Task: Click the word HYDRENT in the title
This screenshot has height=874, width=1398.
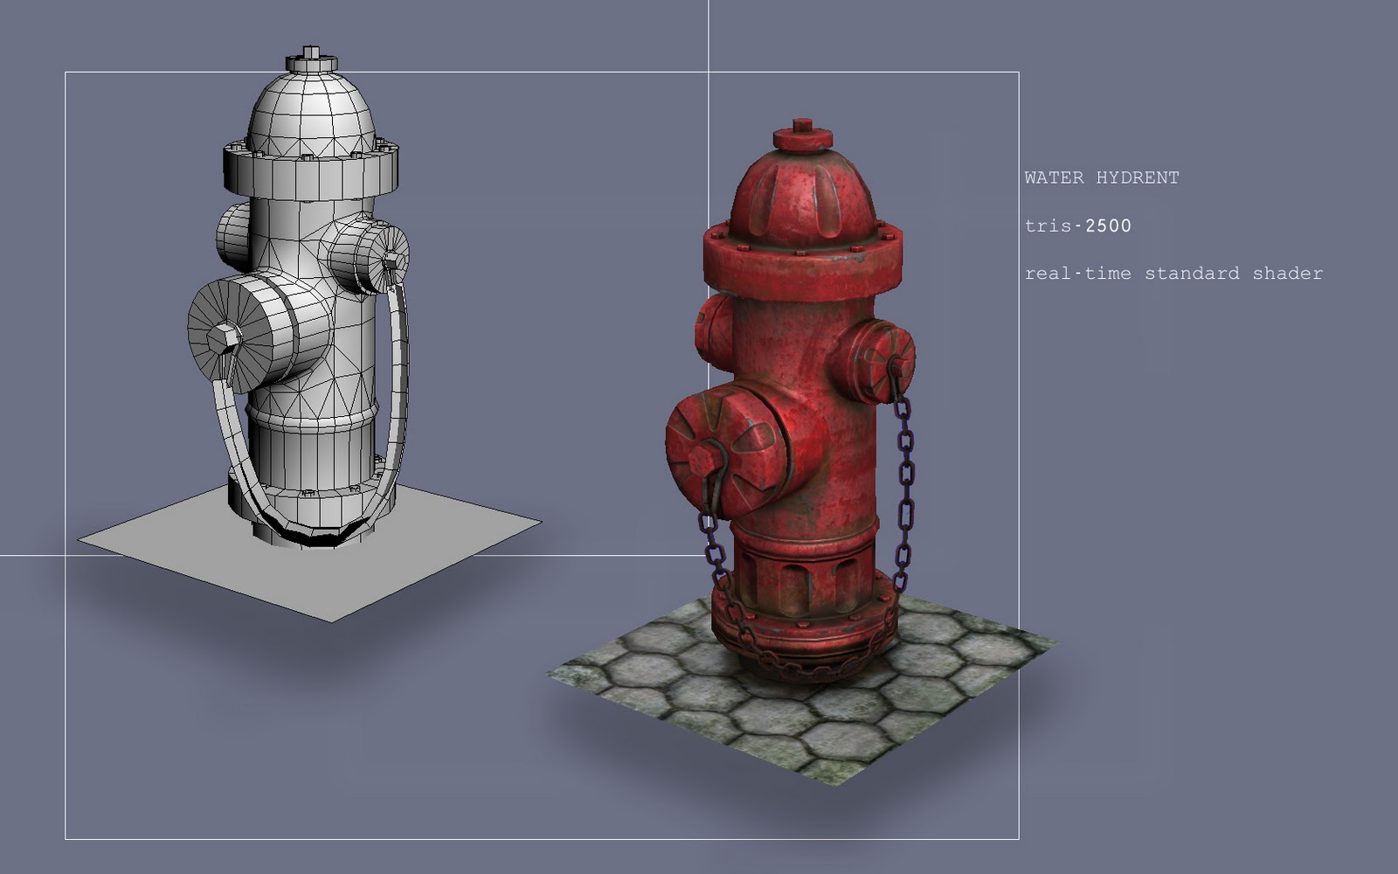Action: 1138,177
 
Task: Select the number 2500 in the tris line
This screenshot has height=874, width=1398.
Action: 1107,225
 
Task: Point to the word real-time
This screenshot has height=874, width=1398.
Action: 1077,274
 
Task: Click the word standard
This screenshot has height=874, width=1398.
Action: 1192,274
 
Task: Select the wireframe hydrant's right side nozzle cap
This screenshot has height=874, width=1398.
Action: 371,256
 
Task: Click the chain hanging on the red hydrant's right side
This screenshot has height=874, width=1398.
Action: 904,481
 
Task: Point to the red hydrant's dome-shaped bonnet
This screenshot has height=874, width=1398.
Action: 802,197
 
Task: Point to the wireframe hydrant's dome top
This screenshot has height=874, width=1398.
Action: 310,114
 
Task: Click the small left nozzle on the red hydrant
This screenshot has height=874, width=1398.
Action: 712,330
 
